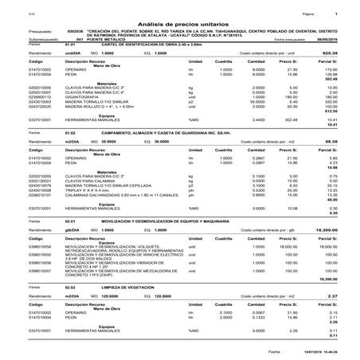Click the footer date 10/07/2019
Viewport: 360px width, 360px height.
tap(310, 350)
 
